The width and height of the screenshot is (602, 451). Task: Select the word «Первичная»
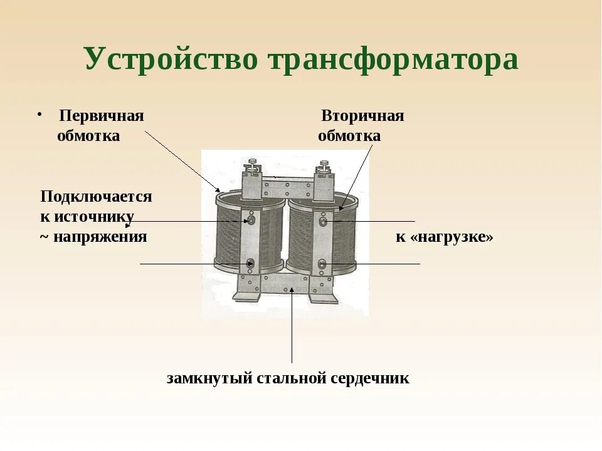(102, 116)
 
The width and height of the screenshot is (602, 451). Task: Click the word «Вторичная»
(362, 116)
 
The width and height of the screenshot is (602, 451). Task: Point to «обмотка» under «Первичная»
(88, 136)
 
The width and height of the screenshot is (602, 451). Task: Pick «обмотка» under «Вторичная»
(349, 136)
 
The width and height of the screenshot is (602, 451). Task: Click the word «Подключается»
(96, 196)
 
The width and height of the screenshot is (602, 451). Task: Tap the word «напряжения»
(100, 237)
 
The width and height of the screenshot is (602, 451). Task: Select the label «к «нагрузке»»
(444, 237)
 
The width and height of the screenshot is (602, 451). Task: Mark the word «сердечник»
(370, 378)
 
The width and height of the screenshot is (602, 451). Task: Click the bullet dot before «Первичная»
(39, 115)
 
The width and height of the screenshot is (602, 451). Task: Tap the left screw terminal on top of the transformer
(253, 166)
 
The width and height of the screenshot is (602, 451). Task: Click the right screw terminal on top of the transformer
(324, 166)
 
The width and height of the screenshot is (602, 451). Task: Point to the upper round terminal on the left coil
(251, 221)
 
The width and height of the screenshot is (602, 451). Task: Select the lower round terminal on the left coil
(251, 264)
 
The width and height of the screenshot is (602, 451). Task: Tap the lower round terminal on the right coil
(322, 264)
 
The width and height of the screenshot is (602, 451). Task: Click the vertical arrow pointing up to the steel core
(292, 326)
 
